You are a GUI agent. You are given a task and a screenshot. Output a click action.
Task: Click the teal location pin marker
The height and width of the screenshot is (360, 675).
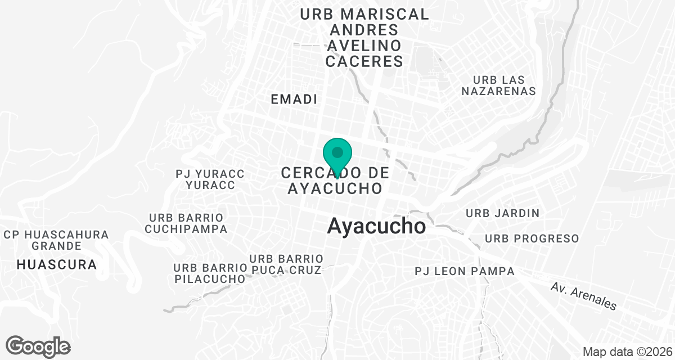337,155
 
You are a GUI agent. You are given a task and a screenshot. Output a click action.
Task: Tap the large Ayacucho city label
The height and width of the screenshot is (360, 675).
376,227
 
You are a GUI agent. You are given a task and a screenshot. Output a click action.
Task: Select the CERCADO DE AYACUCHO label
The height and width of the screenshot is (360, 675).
336,180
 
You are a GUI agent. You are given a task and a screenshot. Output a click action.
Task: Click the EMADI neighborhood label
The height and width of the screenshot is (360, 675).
294,100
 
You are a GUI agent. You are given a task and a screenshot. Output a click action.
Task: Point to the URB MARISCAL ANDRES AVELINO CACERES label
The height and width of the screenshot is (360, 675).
364,38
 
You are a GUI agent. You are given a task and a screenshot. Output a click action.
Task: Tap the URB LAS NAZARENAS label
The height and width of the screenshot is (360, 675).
498,85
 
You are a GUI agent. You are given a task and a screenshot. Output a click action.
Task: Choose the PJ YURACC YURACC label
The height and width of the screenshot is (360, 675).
210,179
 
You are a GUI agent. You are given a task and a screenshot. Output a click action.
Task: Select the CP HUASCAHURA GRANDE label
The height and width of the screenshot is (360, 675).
56,240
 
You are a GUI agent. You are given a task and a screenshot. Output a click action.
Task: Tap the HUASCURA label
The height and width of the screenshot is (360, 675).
56,264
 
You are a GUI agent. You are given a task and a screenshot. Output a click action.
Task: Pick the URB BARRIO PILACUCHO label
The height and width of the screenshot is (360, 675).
210,273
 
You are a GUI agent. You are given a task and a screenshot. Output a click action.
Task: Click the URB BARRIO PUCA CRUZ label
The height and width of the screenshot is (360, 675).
286,264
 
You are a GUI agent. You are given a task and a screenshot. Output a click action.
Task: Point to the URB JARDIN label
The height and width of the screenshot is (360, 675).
503,213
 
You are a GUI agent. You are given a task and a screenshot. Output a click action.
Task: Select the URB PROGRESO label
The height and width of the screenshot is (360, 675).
532,238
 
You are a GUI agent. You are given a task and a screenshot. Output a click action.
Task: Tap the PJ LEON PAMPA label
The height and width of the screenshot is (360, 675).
465,272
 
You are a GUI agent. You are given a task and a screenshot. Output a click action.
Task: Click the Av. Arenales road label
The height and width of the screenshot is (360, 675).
583,296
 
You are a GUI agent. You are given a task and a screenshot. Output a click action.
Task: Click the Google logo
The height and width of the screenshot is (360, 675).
38,346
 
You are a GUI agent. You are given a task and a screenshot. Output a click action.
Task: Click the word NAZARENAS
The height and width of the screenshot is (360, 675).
498,91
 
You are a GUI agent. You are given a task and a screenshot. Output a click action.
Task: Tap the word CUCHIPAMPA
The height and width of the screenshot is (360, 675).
186,229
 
